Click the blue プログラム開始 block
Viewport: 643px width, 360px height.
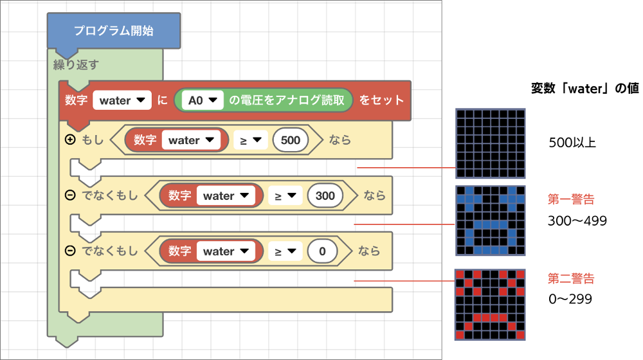[113, 30]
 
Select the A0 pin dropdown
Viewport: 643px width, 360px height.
[201, 100]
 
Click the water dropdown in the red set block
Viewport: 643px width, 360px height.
[122, 100]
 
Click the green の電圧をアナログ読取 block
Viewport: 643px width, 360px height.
[289, 100]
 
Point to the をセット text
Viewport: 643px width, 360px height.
[381, 100]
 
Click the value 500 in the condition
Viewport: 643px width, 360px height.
[291, 140]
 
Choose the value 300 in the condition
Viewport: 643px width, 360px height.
[325, 195]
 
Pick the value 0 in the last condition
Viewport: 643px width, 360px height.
[323, 251]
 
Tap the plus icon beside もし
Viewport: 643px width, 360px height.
[70, 139]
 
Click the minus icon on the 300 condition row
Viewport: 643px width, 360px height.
[70, 195]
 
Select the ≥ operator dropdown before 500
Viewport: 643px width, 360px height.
[249, 140]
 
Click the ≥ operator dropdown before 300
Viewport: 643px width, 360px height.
[285, 195]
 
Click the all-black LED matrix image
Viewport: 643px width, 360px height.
[491, 143]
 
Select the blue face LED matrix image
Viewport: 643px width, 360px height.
[491, 221]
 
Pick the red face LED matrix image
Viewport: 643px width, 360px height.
[491, 305]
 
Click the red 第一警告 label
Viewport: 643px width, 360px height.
[571, 200]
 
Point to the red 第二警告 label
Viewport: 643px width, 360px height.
[571, 278]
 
